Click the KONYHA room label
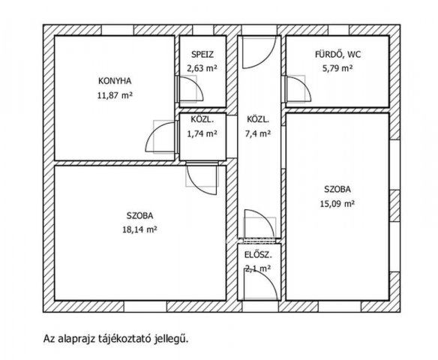pos(115,81)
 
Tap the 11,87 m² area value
pos(115,95)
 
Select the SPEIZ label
pos(202,55)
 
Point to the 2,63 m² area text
pos(202,68)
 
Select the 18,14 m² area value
pos(140,229)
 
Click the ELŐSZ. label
pos(258,255)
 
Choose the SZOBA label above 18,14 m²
pos(140,215)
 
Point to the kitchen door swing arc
pos(160,135)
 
